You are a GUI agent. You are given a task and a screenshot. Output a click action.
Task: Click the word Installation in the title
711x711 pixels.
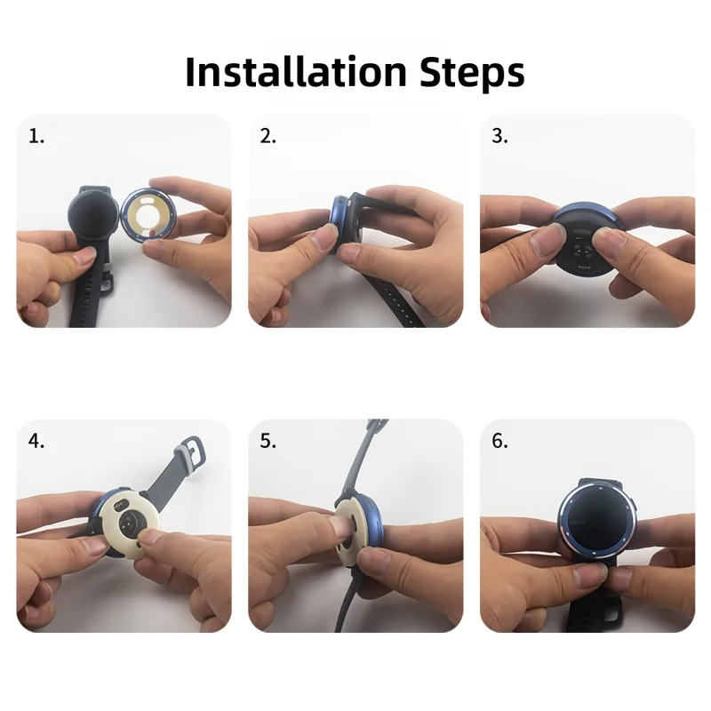click(296, 72)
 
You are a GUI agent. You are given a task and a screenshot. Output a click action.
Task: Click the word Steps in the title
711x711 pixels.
click(472, 74)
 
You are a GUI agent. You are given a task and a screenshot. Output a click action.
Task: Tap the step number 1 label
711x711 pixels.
click(36, 137)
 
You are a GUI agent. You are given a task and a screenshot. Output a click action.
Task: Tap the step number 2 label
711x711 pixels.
click(268, 137)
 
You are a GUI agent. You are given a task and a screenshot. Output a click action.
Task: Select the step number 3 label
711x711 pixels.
click(499, 137)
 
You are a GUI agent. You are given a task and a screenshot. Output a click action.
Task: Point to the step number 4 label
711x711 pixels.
click(36, 441)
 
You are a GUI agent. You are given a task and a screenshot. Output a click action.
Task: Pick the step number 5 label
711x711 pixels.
click(268, 441)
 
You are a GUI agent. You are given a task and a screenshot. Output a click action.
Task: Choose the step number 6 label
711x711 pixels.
click(499, 441)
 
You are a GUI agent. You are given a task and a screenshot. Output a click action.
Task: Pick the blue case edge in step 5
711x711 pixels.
click(374, 522)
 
